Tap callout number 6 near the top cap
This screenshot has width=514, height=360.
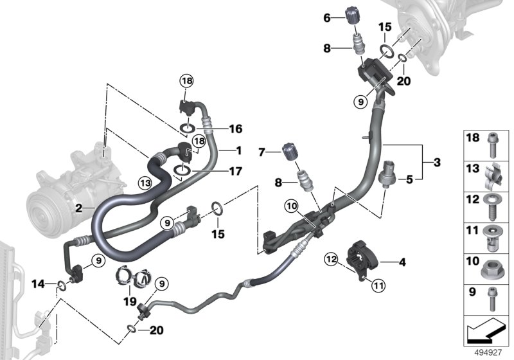326,19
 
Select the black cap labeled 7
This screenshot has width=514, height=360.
289,155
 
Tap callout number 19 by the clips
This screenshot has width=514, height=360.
129,300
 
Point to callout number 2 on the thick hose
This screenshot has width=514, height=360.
78,209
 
